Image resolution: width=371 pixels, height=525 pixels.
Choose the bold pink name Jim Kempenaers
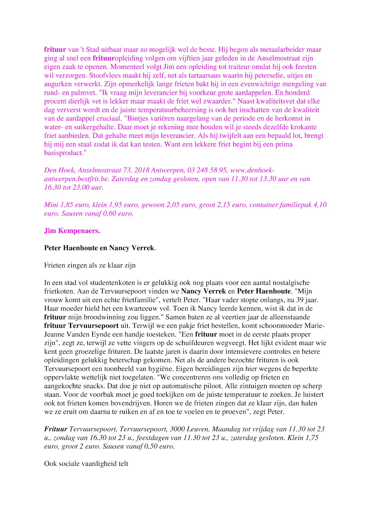point(72,231)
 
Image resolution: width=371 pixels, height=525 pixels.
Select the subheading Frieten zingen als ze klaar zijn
point(90,265)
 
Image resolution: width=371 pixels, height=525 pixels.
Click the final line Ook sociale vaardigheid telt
point(86,464)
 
